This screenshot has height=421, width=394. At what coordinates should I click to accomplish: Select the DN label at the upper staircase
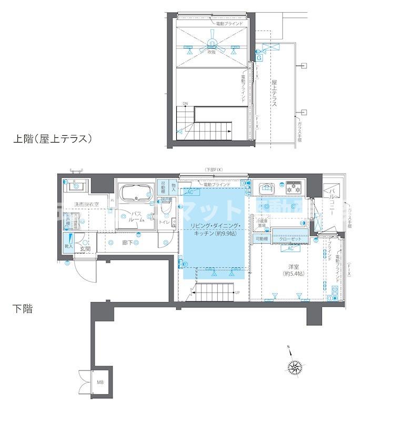(x=185, y=103)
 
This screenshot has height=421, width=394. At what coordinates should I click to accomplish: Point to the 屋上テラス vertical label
(x=274, y=94)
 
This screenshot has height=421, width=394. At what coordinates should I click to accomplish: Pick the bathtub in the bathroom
(x=135, y=195)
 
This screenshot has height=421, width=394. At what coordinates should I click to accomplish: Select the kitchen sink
(x=266, y=187)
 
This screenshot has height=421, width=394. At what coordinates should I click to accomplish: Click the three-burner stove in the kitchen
(x=292, y=187)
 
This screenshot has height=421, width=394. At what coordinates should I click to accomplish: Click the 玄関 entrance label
(x=86, y=248)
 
